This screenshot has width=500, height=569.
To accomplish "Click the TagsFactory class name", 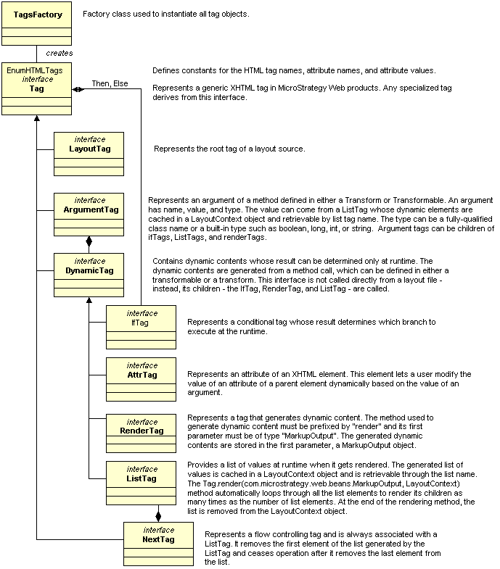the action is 38,14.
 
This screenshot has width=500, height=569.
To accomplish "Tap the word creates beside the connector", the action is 60,54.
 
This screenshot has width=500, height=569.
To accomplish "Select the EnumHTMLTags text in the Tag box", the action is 35,70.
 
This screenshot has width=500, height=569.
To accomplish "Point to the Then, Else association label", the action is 110,83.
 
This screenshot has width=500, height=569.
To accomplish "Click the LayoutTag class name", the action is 90,149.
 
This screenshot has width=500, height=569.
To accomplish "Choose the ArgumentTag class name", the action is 91,209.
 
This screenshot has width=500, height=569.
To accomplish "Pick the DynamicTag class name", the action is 89,270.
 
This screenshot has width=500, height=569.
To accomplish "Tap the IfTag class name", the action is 140,323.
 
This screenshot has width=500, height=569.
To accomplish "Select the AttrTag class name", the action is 142,375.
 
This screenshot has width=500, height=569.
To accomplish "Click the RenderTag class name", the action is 142,431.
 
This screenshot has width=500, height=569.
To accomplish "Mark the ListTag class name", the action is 142,478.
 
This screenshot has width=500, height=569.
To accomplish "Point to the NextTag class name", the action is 158,539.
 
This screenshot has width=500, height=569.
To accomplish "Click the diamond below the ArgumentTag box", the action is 89,241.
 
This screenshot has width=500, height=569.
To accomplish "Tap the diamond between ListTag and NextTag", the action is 158,515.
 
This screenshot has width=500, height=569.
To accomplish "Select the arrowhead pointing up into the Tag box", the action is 37,118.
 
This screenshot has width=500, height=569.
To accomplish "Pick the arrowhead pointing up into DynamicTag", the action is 89,300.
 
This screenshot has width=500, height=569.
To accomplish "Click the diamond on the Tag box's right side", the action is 78,89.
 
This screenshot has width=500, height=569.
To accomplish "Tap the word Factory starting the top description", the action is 94,14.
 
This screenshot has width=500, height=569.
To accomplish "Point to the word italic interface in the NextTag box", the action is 159,530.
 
